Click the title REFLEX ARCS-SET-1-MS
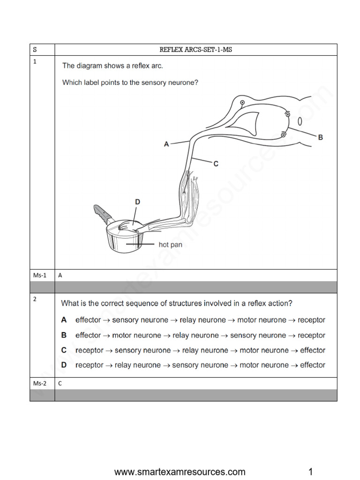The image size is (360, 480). (195, 50)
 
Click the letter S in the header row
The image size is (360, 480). (35, 50)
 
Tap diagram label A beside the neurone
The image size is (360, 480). (166, 144)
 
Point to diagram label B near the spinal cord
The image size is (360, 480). (320, 137)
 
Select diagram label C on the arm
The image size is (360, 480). (216, 164)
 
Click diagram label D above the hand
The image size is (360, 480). (137, 202)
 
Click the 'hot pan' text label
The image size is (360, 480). (171, 245)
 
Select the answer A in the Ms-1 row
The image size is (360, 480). (60, 276)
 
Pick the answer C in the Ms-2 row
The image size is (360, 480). (60, 383)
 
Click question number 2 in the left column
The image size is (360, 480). (35, 299)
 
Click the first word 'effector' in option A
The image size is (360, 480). (88, 320)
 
